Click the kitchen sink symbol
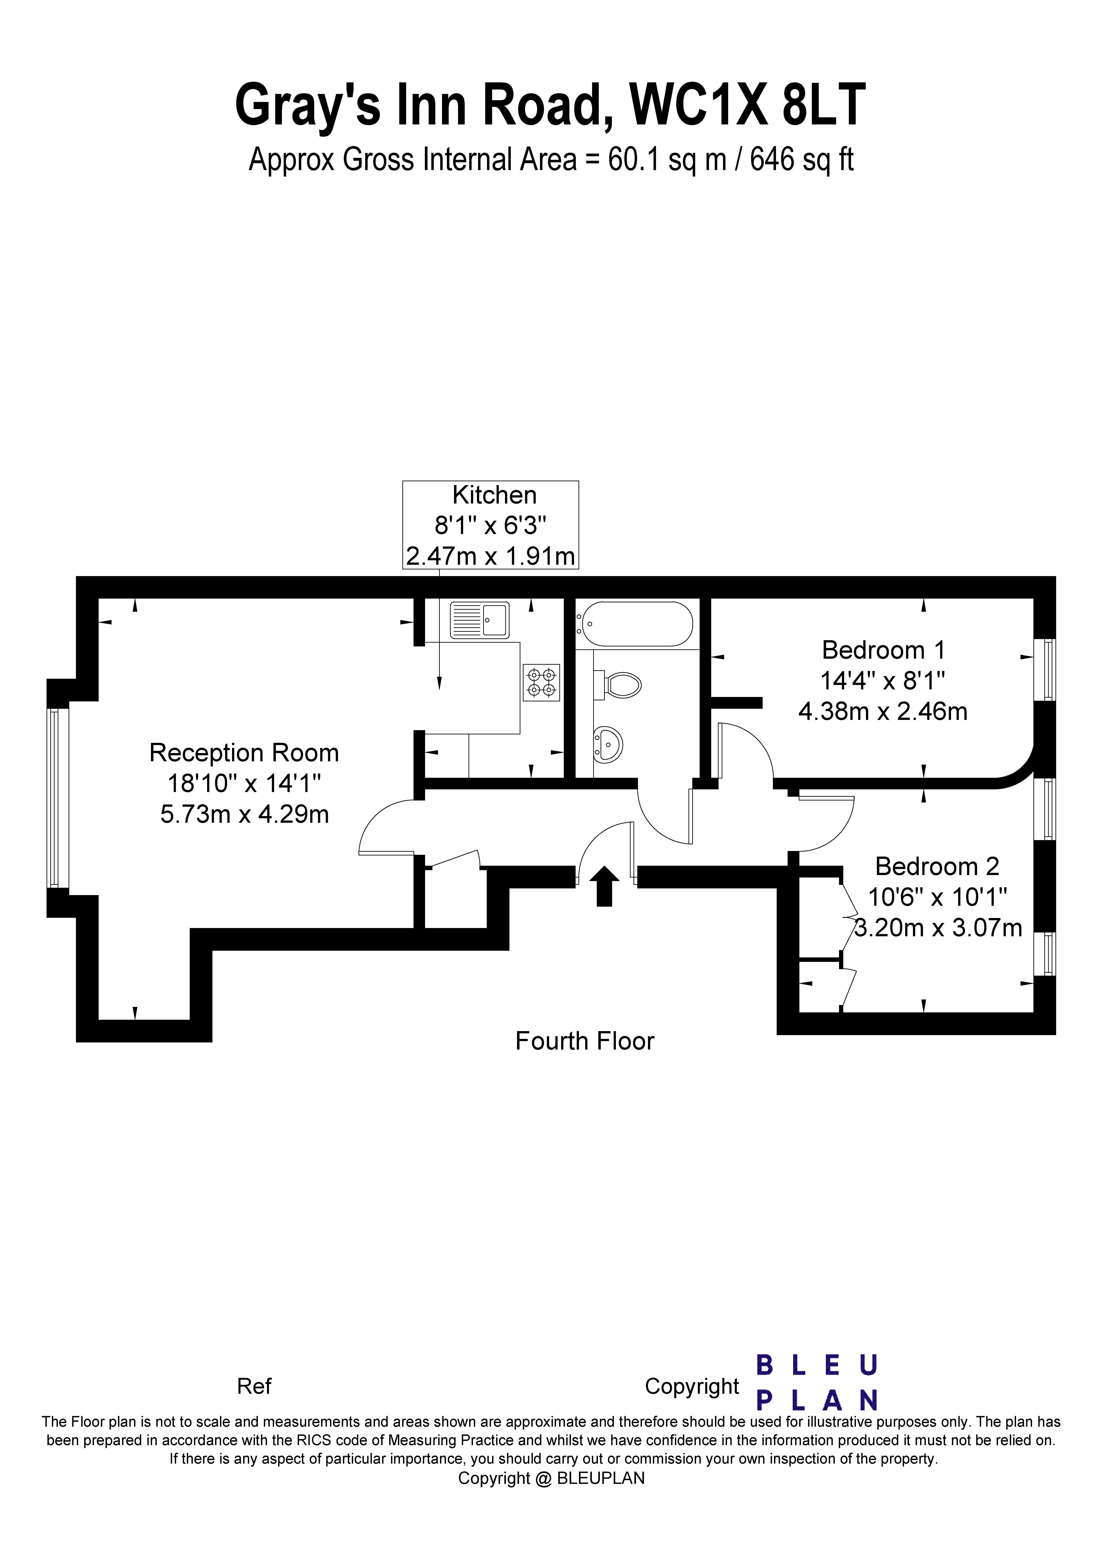(479, 620)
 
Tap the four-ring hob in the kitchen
(541, 682)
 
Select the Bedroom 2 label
(937, 867)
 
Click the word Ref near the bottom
(254, 1387)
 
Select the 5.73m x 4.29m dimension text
(244, 814)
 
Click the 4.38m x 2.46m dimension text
(883, 712)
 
